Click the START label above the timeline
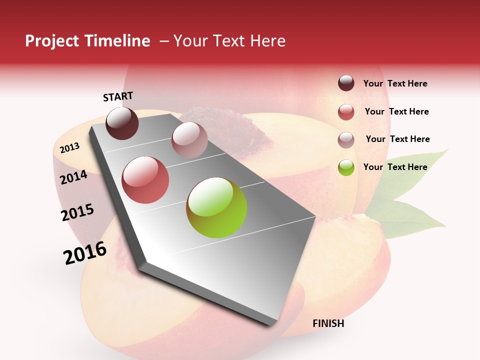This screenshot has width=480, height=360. (118, 96)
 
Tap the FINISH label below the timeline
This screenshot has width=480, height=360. (328, 323)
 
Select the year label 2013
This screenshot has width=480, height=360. (69, 147)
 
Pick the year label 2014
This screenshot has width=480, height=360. (74, 177)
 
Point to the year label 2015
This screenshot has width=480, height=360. (77, 212)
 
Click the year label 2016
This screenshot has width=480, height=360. (85, 253)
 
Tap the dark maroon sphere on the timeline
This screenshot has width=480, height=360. (122, 123)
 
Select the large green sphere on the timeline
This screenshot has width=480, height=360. (216, 207)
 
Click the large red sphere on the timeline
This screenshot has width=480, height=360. (145, 180)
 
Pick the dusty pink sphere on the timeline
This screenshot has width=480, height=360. (189, 140)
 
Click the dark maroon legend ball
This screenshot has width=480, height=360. (346, 83)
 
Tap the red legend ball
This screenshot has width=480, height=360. (346, 112)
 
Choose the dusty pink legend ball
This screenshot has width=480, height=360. (346, 140)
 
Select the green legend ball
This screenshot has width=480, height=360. (346, 167)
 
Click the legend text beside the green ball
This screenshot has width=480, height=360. (395, 167)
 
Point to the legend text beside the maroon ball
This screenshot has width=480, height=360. (395, 83)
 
